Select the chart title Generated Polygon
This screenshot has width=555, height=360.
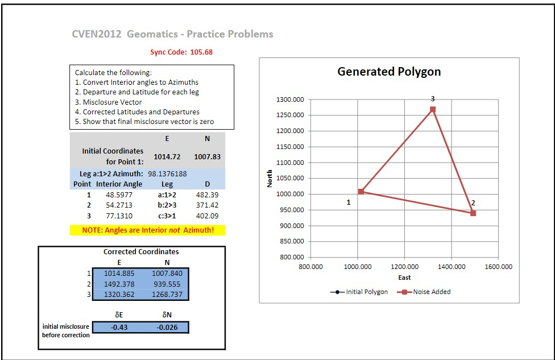click(389, 72)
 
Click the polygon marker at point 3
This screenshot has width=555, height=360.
click(433, 109)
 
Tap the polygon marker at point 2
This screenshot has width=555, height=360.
click(473, 213)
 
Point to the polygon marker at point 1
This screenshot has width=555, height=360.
click(361, 192)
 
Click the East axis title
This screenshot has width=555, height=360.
click(404, 278)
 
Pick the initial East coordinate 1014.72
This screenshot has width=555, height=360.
click(167, 156)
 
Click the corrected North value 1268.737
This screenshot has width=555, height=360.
click(167, 295)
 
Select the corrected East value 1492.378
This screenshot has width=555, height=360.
click(119, 284)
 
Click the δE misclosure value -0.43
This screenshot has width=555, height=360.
click(119, 327)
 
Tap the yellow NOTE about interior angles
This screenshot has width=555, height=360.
click(147, 230)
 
